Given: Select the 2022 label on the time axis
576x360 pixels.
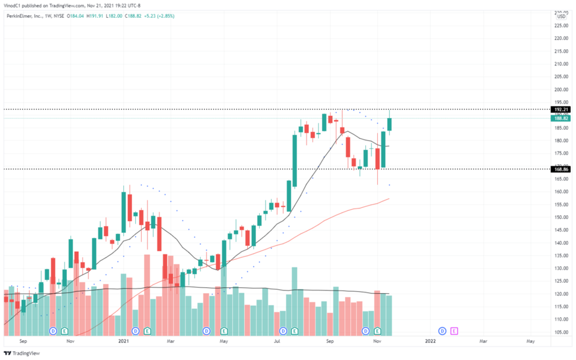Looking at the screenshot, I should [x=430, y=341].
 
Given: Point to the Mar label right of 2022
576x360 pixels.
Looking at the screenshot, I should [x=483, y=341].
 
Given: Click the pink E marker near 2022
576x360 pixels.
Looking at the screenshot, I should [x=454, y=331].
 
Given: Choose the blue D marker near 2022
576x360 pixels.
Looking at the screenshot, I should [x=442, y=331].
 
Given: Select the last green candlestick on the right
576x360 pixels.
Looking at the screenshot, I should [x=390, y=124].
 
